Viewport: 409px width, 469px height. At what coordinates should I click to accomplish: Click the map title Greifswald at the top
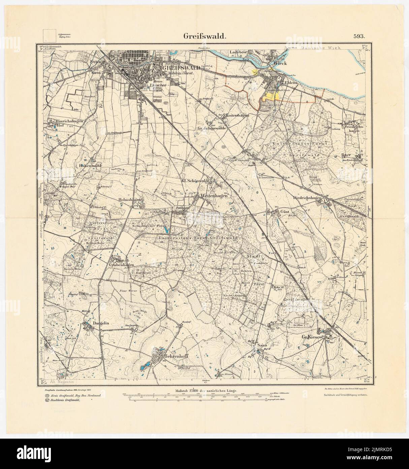[204, 36]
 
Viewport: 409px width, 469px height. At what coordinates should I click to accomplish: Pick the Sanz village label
[262, 346]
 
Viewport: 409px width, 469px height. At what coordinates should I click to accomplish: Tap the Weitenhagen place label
[214, 196]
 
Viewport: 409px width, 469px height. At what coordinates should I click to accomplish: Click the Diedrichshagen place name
[306, 198]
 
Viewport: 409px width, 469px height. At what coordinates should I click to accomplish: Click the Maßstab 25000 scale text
[206, 390]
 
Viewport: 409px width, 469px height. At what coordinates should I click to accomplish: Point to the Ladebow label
[239, 52]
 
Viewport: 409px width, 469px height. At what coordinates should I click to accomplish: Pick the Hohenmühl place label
[89, 166]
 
